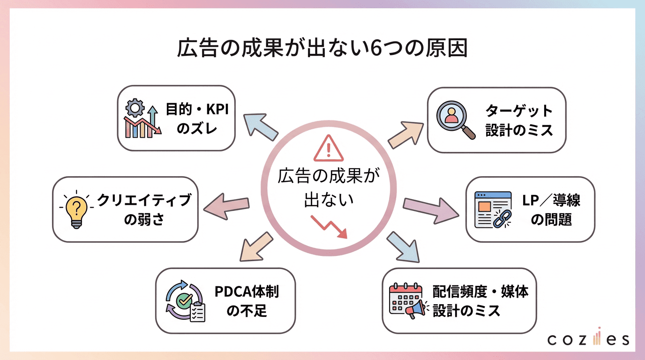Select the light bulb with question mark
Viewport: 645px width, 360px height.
[76, 210]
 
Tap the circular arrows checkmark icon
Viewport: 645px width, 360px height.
[186, 301]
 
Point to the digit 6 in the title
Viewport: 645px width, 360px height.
[375, 48]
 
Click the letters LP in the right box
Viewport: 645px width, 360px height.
[531, 201]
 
